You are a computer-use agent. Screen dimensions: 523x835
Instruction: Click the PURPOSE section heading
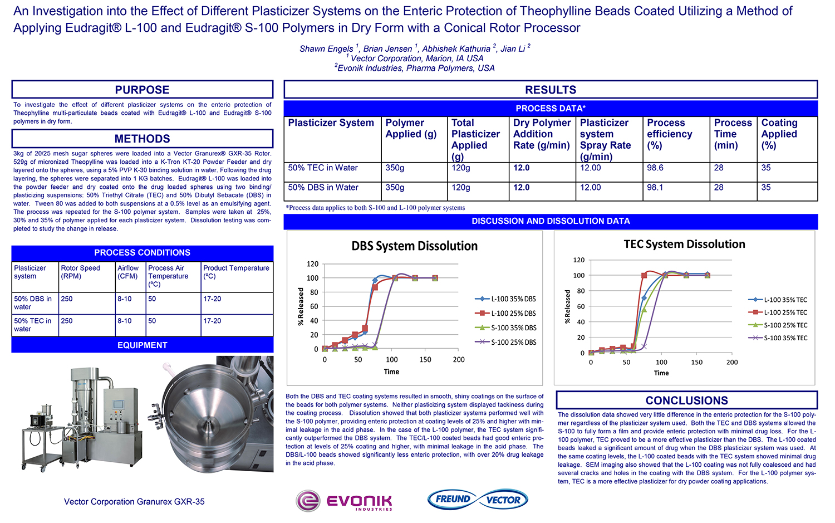[x=142, y=90]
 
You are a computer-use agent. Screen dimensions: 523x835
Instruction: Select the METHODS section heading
[x=142, y=139]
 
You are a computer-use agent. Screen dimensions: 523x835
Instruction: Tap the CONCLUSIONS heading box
[x=686, y=400]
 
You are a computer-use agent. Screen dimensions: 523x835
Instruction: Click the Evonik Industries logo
[x=345, y=501]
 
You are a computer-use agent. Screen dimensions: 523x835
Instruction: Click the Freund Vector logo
[x=478, y=499]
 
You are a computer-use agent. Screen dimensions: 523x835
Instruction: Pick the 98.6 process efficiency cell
[x=655, y=168]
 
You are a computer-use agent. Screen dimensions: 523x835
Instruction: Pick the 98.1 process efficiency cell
[x=655, y=188]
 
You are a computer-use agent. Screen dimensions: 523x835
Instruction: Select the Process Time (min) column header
[x=733, y=134]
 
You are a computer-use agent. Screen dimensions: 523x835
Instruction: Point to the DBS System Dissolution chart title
[x=414, y=246]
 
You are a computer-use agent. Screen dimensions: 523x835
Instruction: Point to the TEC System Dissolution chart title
[x=684, y=244]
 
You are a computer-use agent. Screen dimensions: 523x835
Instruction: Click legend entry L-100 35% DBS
[x=513, y=299]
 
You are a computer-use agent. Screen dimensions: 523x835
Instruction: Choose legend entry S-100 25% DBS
[x=513, y=342]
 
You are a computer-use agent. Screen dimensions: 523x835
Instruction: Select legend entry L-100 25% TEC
[x=785, y=312]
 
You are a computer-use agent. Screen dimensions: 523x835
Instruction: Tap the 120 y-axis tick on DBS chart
[x=313, y=264]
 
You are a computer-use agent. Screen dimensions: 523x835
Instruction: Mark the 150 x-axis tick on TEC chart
[x=696, y=362]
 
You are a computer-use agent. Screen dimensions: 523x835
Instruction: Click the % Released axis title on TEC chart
[x=568, y=307]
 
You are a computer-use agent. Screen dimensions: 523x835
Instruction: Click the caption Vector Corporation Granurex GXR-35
[x=134, y=502]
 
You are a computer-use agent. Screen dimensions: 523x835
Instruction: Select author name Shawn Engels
[x=326, y=49]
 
